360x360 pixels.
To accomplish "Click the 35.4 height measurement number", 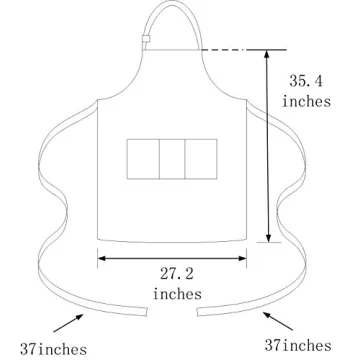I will (x=305, y=80).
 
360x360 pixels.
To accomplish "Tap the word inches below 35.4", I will (x=305, y=102).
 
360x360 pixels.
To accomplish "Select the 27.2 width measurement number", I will (x=175, y=273).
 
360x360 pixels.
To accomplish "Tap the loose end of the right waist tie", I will (x=199, y=311).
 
